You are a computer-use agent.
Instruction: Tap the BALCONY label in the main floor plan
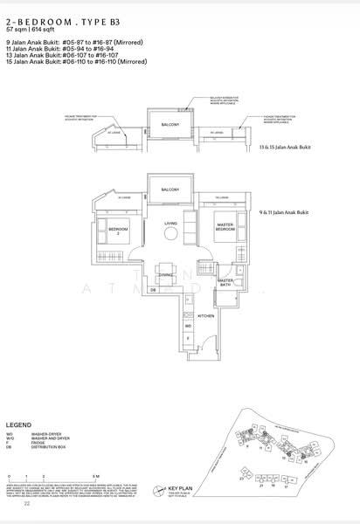[170, 190]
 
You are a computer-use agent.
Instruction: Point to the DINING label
[166, 274]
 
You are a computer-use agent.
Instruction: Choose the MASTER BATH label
[226, 282]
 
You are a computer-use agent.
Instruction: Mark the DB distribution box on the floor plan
[154, 289]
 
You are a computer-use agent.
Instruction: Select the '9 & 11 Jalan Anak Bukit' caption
[286, 213]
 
